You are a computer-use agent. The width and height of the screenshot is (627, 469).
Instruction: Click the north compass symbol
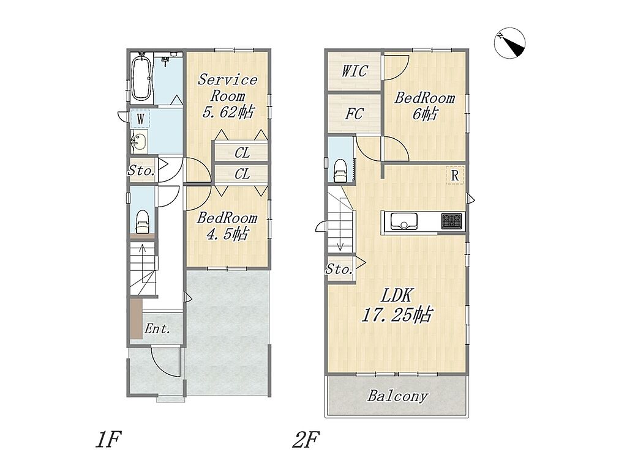point(509,43)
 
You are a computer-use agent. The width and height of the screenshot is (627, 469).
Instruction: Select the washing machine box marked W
point(140,119)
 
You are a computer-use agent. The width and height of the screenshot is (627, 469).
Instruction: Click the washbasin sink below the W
point(140,141)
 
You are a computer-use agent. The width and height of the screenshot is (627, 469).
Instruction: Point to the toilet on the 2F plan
point(340,170)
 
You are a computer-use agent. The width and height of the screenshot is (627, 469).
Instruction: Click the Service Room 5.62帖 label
point(228,96)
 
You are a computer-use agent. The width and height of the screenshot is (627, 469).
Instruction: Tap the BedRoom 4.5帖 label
point(227,226)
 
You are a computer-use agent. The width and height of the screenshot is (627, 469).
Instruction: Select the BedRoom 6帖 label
point(425,106)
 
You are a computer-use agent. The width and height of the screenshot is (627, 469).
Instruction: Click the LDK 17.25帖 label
point(396,306)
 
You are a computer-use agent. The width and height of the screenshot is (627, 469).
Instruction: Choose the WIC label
point(355,71)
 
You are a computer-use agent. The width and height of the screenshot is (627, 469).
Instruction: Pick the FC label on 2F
point(355,114)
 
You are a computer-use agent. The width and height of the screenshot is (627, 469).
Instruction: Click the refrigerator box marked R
point(455,175)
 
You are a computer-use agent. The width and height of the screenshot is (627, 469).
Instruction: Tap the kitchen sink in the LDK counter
point(404,221)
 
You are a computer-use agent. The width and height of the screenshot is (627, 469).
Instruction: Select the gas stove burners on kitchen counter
point(451,221)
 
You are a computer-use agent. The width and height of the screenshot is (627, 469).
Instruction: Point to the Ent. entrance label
point(157,329)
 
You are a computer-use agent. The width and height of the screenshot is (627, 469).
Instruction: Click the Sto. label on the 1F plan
point(141,171)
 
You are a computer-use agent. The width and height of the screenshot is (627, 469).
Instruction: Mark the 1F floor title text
point(108,440)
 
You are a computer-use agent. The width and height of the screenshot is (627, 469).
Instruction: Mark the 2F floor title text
point(306,440)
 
